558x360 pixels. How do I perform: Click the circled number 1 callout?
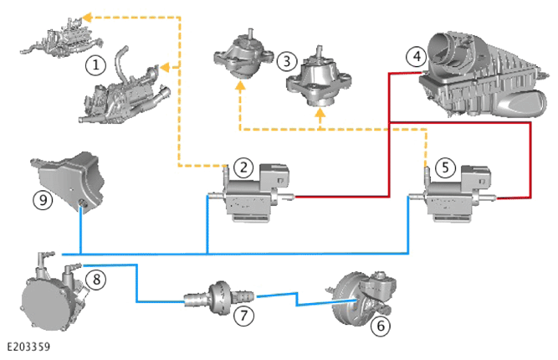click(x=95, y=65)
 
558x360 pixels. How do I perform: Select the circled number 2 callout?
click(x=243, y=167)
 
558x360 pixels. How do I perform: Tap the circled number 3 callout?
click(x=286, y=61)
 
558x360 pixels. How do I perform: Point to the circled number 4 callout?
click(x=416, y=57)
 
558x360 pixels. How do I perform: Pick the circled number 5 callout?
click(x=445, y=167)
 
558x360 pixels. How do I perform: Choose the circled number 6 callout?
click(x=381, y=326)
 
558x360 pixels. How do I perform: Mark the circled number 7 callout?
click(x=243, y=315)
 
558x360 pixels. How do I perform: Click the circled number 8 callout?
click(x=96, y=279)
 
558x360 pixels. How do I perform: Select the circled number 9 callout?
click(x=43, y=199)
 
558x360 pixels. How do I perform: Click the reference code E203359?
click(x=28, y=347)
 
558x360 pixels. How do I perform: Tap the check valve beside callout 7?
click(x=219, y=298)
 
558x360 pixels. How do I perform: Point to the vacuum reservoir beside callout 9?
click(x=68, y=181)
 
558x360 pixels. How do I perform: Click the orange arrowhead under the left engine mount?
click(x=241, y=85)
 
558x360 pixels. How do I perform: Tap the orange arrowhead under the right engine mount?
click(x=320, y=112)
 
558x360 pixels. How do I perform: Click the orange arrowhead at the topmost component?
click(x=87, y=17)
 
